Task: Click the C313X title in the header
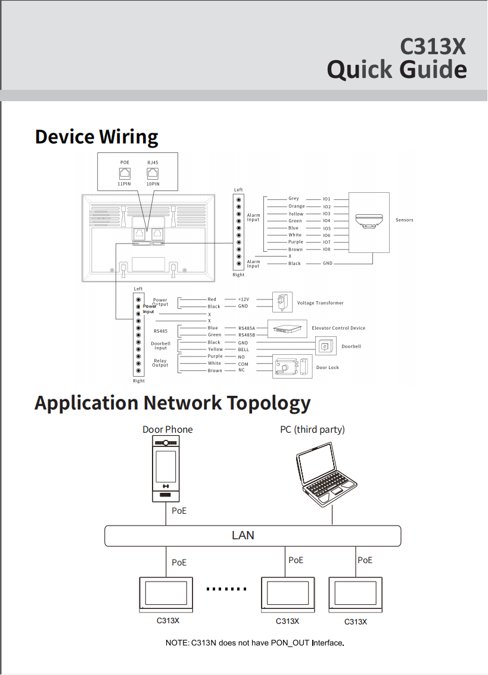tap(433, 46)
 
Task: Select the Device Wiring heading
tap(97, 136)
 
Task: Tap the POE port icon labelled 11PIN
tap(125, 173)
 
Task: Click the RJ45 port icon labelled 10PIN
tap(153, 173)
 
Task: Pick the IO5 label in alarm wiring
tap(327, 228)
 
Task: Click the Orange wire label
tap(296, 207)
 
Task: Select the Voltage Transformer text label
tap(320, 303)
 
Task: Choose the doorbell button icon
tap(325, 346)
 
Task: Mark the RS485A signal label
tap(247, 328)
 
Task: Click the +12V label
tap(243, 299)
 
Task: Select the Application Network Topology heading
tap(172, 403)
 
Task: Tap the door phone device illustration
tap(166, 468)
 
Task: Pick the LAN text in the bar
tap(243, 535)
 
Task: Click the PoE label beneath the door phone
tap(179, 511)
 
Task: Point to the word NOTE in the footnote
tap(176, 643)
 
